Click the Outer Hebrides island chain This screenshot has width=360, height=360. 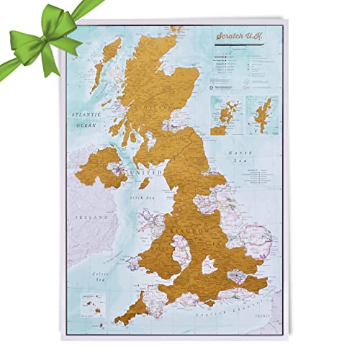[x=113, y=65]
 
